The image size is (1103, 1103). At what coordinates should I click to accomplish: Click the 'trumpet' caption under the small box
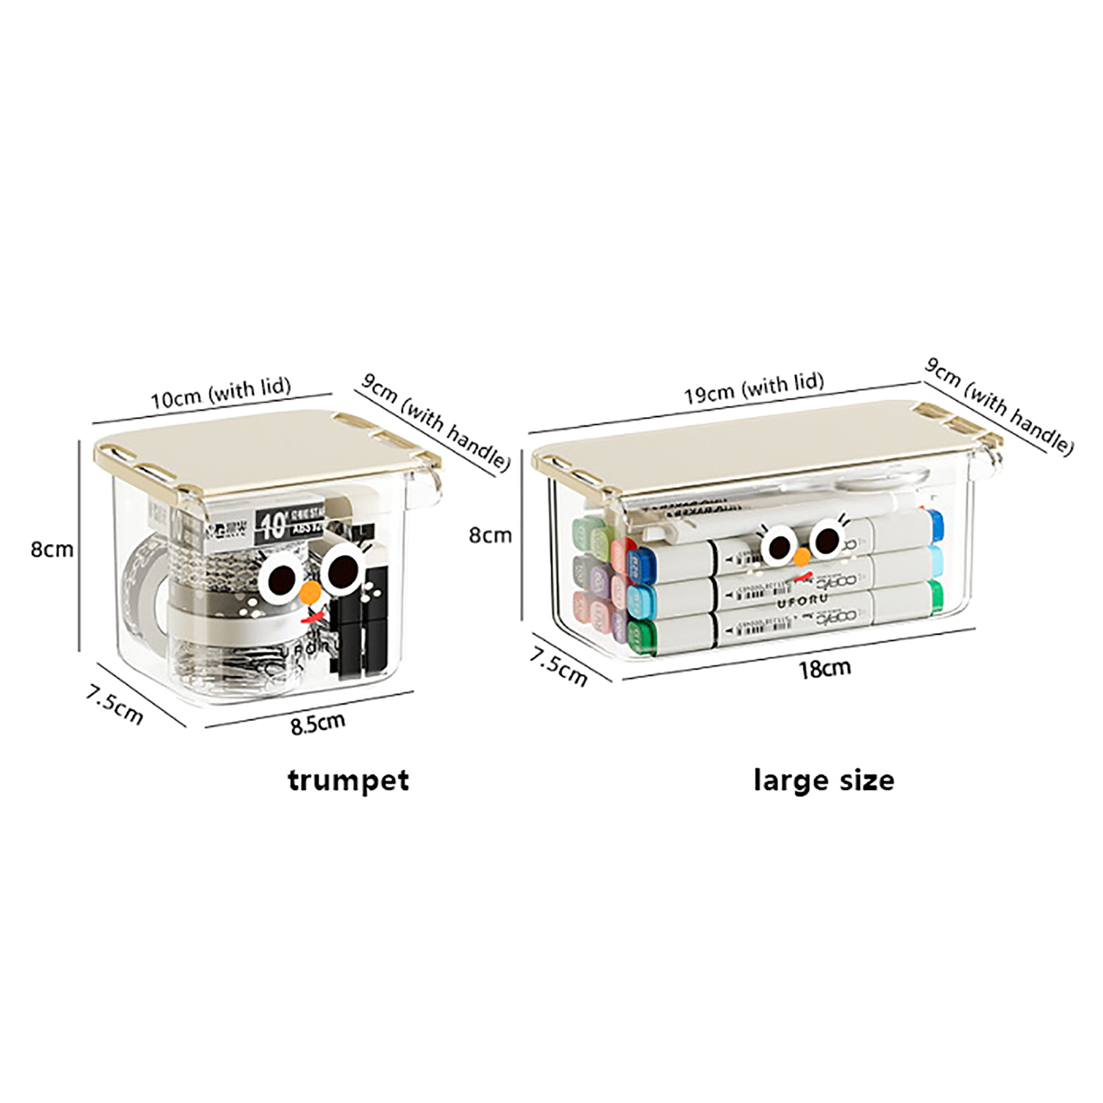[348, 780]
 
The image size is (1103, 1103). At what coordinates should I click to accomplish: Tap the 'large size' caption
[824, 780]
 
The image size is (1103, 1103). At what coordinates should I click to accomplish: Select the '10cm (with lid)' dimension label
[221, 393]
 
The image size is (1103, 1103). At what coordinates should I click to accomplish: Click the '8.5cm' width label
[317, 723]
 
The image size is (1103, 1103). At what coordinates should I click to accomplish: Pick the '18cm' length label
[824, 668]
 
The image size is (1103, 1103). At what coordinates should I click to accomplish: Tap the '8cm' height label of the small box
[52, 549]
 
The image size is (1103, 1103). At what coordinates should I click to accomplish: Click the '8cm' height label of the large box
[490, 534]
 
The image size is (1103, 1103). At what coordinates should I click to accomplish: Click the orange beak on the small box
[311, 591]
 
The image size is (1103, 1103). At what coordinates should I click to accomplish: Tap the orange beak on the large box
[802, 556]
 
